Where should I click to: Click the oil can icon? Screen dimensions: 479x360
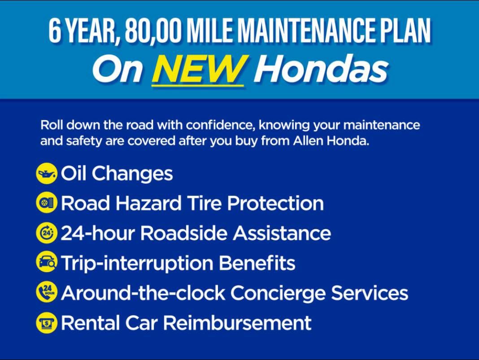click(47, 173)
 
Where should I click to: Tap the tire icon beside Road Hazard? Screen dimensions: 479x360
click(47, 203)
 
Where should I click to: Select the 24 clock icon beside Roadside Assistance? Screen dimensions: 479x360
click(47, 233)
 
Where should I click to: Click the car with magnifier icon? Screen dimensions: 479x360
click(47, 262)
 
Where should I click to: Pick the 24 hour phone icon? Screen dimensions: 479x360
click(47, 292)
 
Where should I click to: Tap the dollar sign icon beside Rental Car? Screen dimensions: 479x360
click(47, 322)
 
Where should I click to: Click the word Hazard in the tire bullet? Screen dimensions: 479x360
click(148, 203)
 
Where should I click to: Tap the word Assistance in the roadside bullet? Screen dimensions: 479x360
click(282, 233)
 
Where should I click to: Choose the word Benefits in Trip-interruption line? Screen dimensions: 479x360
click(257, 263)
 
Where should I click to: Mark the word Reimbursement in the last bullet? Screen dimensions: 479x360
click(237, 323)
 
